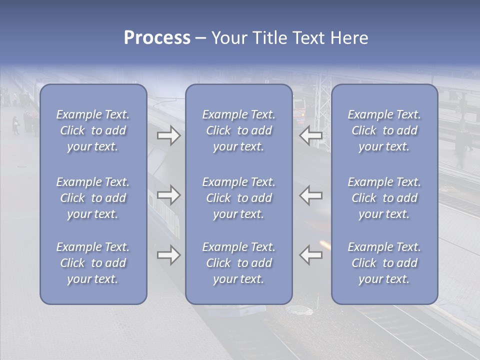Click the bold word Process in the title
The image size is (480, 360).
(x=157, y=38)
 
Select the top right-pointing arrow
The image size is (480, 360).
(x=169, y=136)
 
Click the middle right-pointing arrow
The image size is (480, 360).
(x=169, y=195)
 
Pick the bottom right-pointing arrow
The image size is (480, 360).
(x=169, y=255)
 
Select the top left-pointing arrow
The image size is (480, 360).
(x=311, y=136)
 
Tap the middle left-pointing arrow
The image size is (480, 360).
(x=311, y=195)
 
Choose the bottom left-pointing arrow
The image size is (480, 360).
(x=311, y=255)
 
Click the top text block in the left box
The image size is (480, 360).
(x=93, y=130)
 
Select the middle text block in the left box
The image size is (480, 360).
(x=93, y=198)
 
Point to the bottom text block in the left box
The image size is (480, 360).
(x=93, y=263)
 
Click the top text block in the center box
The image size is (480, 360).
(x=238, y=130)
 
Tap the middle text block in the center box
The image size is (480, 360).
(x=238, y=198)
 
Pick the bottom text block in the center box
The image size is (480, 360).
(x=238, y=263)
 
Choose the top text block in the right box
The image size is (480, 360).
(x=384, y=130)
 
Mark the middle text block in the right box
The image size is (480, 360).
(x=384, y=198)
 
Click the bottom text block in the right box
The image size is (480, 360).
(x=384, y=263)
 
